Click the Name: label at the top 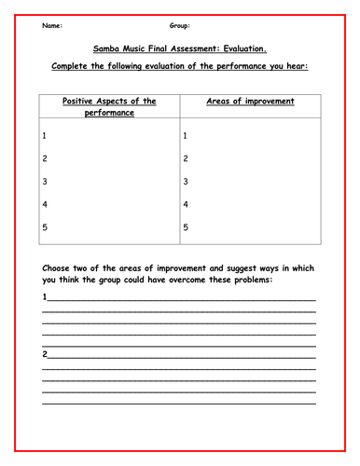tap(54, 26)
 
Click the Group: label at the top tap(180, 26)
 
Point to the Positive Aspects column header tap(109, 106)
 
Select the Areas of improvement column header tap(250, 101)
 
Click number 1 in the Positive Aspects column tap(45, 136)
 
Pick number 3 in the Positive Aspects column tap(45, 182)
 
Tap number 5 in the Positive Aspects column tap(45, 226)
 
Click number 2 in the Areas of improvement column tap(186, 158)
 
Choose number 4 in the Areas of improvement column tap(186, 204)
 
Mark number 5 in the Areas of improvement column tap(186, 226)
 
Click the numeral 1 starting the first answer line tap(45, 297)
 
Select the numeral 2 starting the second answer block tap(45, 354)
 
